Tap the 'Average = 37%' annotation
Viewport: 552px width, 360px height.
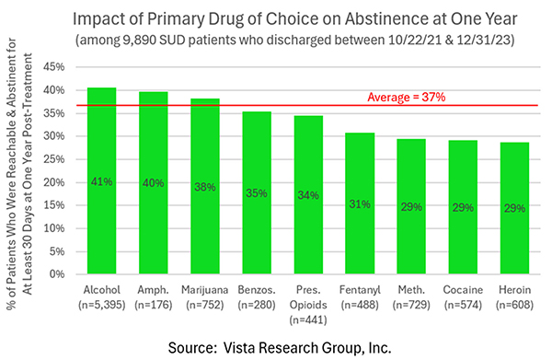coord(412,97)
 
